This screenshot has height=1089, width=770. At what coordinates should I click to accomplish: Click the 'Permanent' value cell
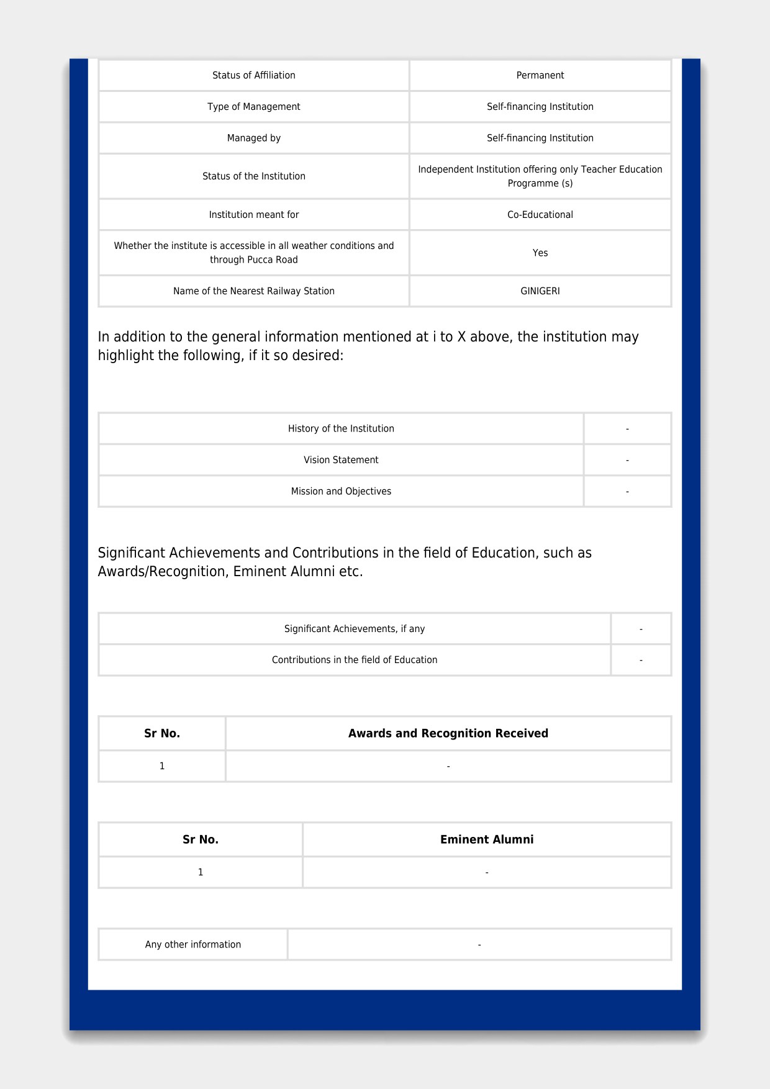pos(540,75)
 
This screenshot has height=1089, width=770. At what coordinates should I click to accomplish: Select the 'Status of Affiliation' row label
pos(253,75)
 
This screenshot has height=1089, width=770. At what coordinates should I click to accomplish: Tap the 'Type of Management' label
pos(253,107)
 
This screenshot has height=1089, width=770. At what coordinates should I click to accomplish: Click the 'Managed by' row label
pos(253,138)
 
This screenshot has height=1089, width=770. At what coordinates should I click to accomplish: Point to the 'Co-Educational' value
pos(540,215)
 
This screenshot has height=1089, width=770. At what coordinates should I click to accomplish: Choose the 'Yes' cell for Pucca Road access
pos(540,253)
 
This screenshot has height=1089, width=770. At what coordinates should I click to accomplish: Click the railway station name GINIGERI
pos(540,291)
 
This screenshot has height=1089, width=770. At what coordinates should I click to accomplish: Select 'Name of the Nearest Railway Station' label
pos(253,291)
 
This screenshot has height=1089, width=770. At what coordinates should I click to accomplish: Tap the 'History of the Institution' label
pos(341,429)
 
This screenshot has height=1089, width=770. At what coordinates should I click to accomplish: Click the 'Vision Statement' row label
pos(341,460)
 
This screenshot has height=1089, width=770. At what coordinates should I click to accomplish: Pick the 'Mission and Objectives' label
pos(341,492)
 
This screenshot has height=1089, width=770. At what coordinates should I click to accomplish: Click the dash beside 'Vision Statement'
pos(627,461)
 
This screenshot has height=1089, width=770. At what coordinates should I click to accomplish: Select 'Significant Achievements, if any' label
pos(355,629)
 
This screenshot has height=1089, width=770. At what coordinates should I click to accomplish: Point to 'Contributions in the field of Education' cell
pos(355,660)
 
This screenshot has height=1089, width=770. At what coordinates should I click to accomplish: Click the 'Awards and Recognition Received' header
pos(448,733)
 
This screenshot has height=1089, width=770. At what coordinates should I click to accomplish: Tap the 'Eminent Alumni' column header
pos(487,839)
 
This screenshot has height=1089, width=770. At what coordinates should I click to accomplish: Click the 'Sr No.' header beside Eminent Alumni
pos(200,839)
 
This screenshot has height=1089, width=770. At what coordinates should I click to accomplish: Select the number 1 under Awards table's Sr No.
pos(162,766)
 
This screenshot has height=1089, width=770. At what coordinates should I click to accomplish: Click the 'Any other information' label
pos(193,944)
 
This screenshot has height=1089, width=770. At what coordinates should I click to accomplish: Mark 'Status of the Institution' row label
pos(253,176)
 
